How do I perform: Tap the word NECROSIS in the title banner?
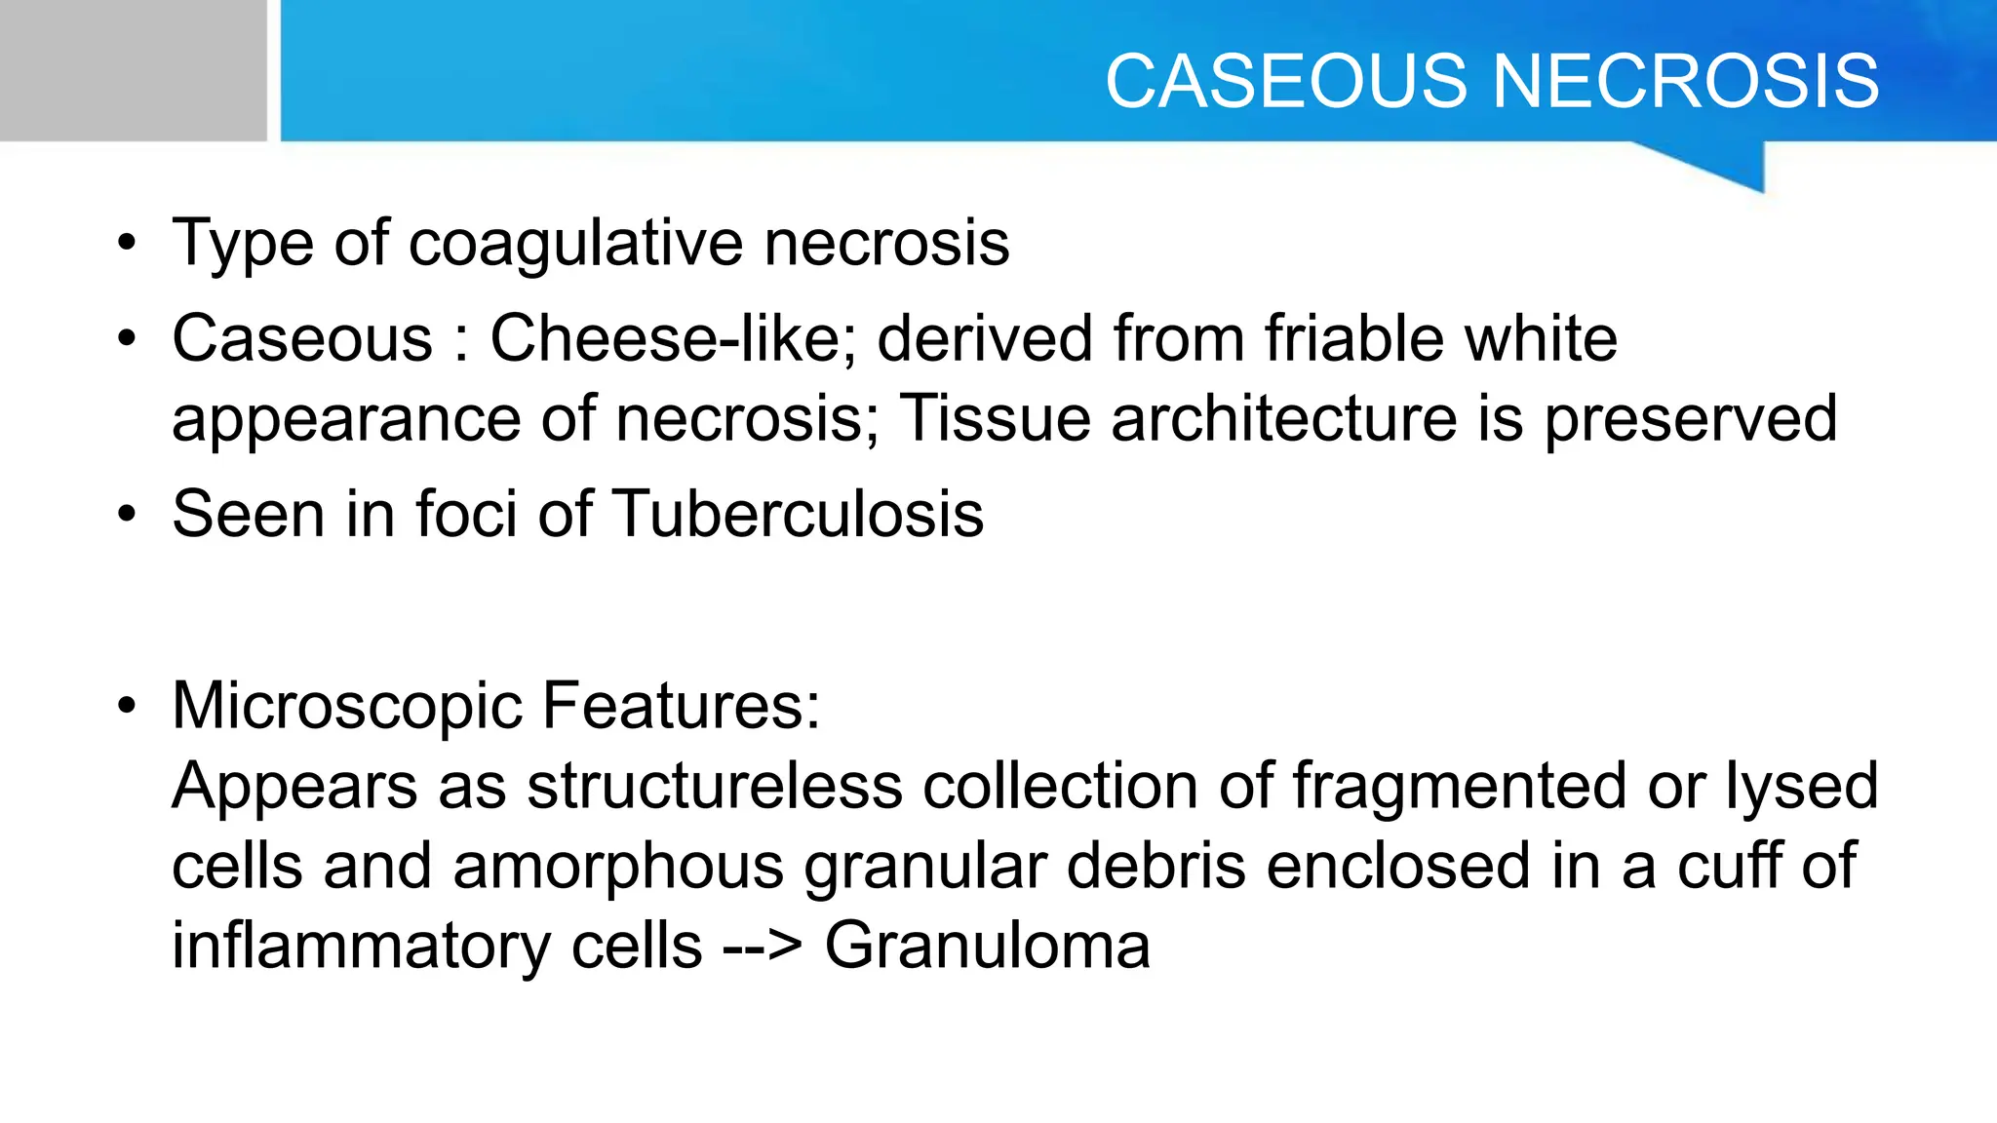1686,81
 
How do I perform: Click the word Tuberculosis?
799,514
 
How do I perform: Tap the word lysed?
1802,788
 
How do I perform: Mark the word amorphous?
618,867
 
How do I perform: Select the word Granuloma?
987,946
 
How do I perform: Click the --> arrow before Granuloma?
763,948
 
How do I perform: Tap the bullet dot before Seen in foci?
127,514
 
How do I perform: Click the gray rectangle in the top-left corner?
133,70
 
